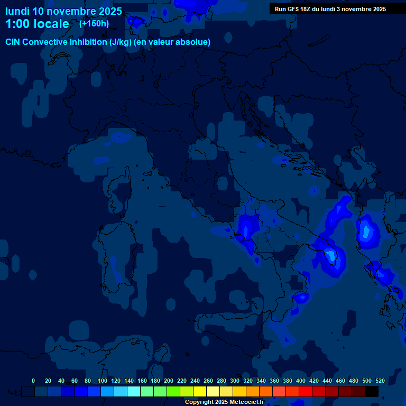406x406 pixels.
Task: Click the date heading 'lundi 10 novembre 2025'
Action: coord(63,11)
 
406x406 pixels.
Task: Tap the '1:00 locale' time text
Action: coord(37,24)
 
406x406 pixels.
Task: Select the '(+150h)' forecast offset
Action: coord(94,23)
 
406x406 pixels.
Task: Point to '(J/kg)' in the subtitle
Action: coord(122,42)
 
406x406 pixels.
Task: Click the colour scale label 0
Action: coord(33,381)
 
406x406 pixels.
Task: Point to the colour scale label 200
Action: coord(169,381)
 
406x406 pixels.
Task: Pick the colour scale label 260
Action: coord(208,381)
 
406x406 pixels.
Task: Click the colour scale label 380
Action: coord(288,381)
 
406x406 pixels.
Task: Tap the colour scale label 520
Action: coord(380,381)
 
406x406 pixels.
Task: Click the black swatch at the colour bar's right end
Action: coord(372,391)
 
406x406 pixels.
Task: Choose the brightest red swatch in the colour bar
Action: coord(306,391)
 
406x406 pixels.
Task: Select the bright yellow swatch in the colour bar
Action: coord(200,391)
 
